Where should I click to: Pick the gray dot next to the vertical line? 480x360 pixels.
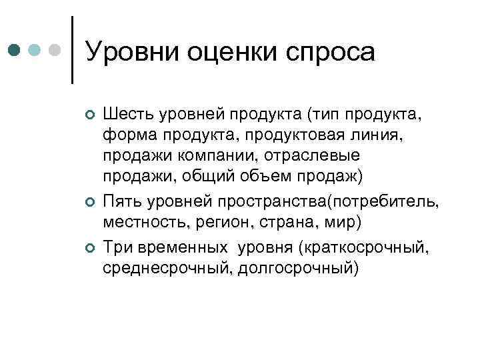coord(56,50)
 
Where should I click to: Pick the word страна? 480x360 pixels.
coord(267,221)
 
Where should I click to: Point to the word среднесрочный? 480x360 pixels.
coord(160,268)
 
